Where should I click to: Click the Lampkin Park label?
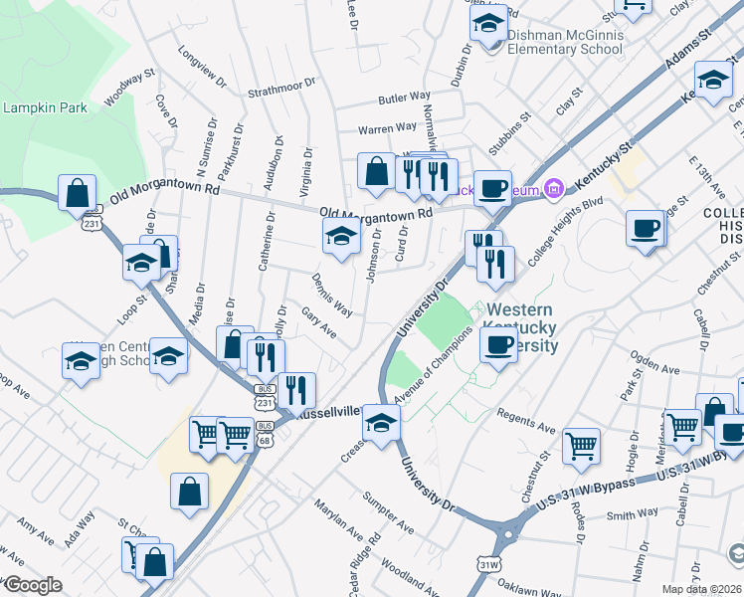[x=45, y=107]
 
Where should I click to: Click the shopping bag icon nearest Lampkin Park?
[x=78, y=192]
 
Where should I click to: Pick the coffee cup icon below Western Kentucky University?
[x=498, y=345]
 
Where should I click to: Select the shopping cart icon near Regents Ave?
[x=581, y=447]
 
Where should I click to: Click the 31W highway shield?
[x=487, y=563]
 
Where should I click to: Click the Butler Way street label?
[x=404, y=99]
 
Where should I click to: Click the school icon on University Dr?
[x=380, y=422]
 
